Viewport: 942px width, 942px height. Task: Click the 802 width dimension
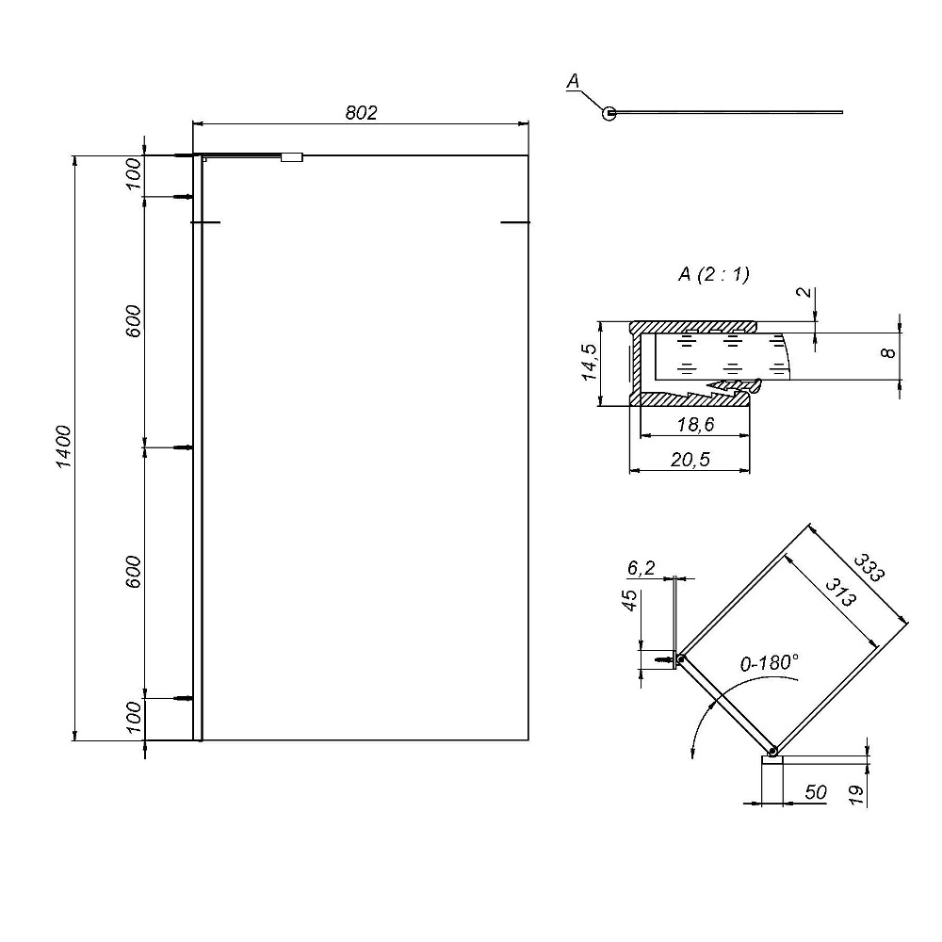361,113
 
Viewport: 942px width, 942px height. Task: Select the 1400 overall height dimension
64,447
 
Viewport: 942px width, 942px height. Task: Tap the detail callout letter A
573,80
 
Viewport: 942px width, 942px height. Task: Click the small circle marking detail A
609,113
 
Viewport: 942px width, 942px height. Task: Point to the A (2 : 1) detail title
714,274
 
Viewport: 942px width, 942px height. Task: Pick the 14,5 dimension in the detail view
590,363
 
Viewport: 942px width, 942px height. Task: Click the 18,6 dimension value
696,425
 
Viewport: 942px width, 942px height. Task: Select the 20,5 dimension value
690,460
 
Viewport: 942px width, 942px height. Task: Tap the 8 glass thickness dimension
888,352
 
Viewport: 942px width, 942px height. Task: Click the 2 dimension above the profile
804,293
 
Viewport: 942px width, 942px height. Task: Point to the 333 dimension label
869,568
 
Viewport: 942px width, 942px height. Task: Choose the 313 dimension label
840,593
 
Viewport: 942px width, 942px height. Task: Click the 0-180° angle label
769,663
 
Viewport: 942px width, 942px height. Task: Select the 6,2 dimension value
641,568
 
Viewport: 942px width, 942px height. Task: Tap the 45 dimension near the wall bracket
629,601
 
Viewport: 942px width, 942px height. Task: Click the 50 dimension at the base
816,792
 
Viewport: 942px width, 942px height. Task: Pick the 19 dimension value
856,795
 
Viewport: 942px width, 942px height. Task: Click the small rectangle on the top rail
292,157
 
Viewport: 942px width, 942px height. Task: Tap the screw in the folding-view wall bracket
664,659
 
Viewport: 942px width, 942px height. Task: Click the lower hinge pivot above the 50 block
773,751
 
